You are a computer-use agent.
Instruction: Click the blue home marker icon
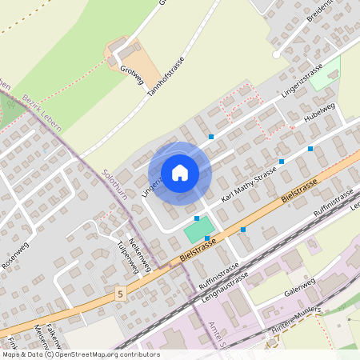(x=180, y=172)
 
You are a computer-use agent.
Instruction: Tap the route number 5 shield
(x=121, y=294)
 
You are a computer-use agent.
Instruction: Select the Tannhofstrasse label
(x=166, y=76)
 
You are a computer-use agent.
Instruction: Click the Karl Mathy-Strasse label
(x=248, y=186)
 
